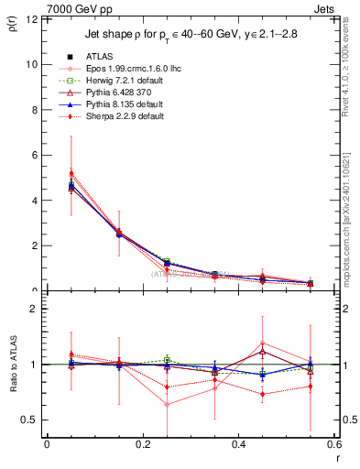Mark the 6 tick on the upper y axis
coord(35,155)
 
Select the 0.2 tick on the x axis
coord(142,444)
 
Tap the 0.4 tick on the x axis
coord(238,444)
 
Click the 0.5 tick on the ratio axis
coord(30,420)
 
